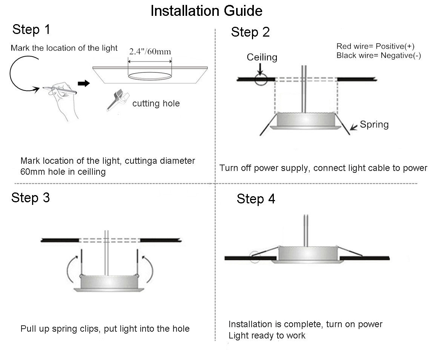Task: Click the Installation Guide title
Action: tap(206, 11)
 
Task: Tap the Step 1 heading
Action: tap(31, 29)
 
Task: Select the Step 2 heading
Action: tap(250, 32)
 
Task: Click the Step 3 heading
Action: tap(30, 197)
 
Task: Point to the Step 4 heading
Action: tap(256, 199)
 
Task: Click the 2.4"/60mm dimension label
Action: tap(150, 51)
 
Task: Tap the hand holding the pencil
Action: tap(62, 99)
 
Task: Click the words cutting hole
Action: tap(156, 103)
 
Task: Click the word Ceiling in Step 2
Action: tap(262, 57)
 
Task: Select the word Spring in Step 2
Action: tap(374, 125)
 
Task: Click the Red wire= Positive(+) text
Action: tap(375, 46)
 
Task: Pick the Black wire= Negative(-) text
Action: tap(378, 55)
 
